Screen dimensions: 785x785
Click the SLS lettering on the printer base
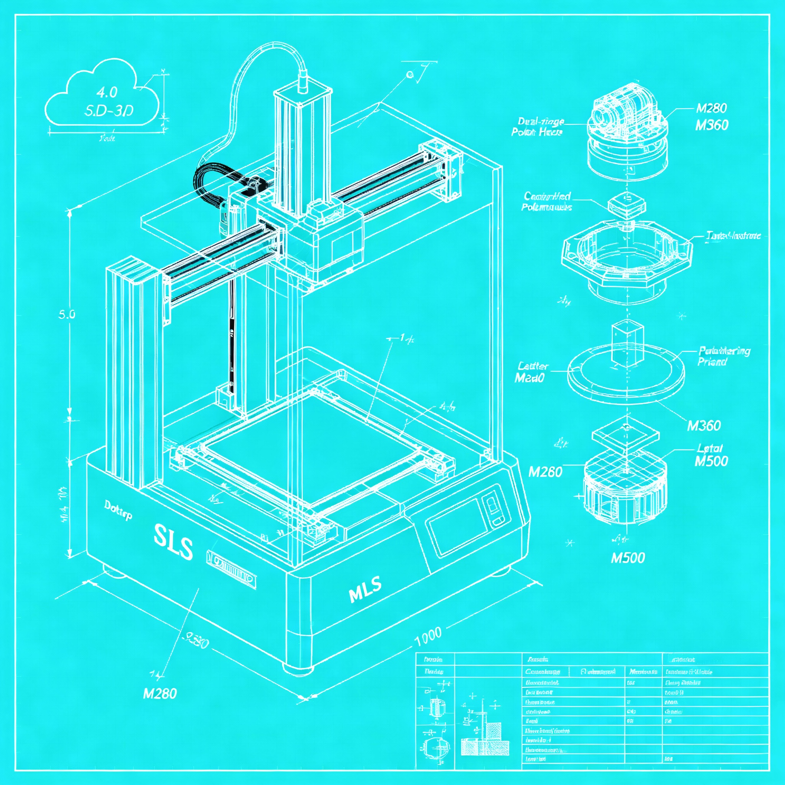coord(174,542)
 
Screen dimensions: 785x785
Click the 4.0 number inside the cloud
coord(107,93)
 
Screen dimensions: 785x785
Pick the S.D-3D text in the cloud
coord(108,110)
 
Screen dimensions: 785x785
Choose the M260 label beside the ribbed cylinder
coord(545,472)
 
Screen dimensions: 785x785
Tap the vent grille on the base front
coord(231,569)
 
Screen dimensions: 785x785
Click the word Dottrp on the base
coord(118,510)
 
